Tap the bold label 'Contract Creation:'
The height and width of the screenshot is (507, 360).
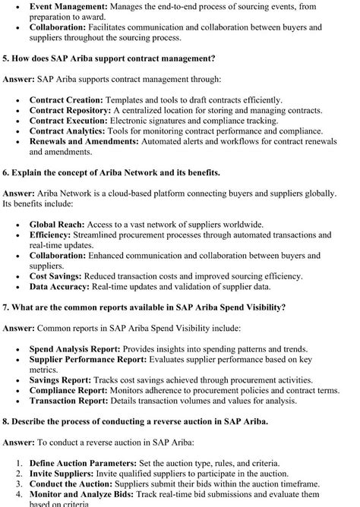pyautogui.click(x=66, y=99)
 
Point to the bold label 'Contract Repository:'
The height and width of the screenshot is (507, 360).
pyautogui.click(x=71, y=110)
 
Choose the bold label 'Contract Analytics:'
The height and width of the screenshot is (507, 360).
pyautogui.click(x=68, y=131)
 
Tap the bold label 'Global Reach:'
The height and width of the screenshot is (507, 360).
pyautogui.click(x=60, y=225)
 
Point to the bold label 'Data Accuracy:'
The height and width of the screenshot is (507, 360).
pyautogui.click(x=59, y=287)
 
